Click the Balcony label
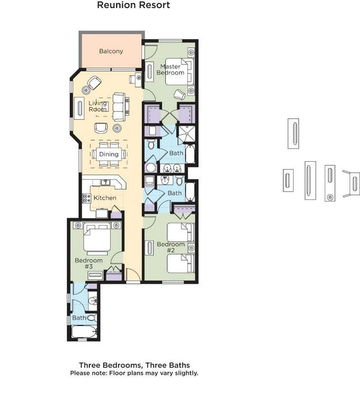coord(111,51)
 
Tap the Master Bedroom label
coord(170,70)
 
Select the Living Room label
coord(98,106)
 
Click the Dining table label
coord(109,154)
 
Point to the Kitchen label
coord(105,198)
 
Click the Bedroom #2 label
coord(170,247)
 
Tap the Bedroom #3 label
coord(89,263)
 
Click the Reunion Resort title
coord(134,5)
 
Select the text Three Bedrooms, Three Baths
coord(134,365)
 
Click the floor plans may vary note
coord(134,373)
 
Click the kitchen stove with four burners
coord(86,199)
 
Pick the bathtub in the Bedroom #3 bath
coord(84,332)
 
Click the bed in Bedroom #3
coord(97,238)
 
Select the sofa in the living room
coord(120,107)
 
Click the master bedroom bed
coord(179,72)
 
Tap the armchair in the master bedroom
coord(180,94)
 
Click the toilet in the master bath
coord(151,145)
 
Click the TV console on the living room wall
coord(79,108)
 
